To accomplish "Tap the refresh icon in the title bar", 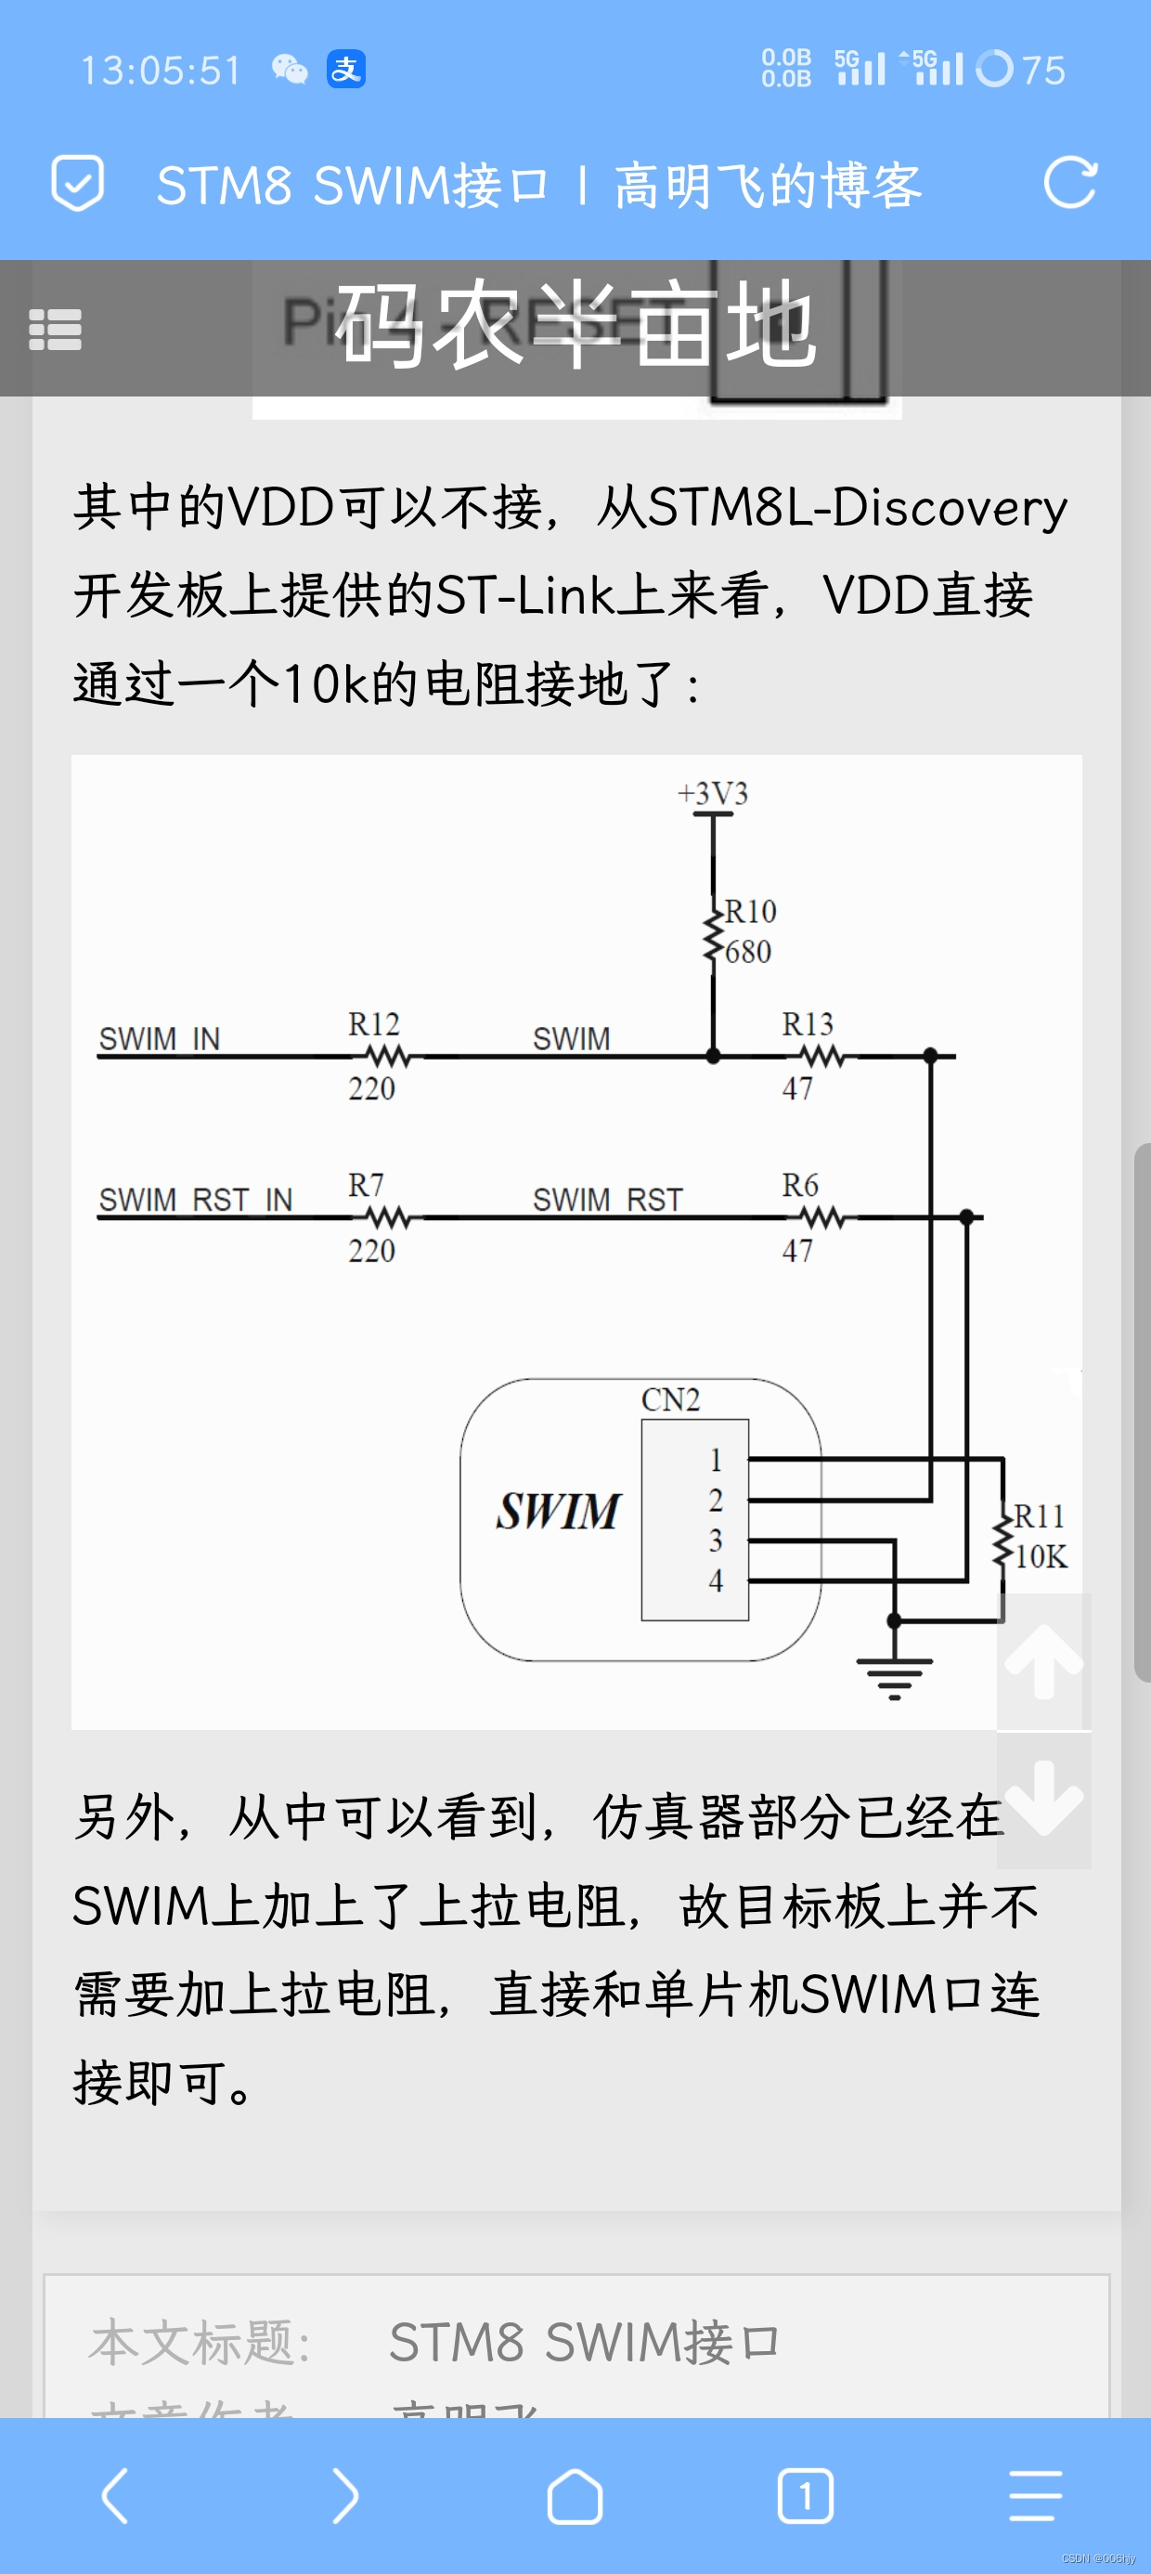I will tap(1069, 183).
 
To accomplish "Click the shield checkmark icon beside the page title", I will tap(77, 183).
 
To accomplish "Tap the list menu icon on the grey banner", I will tap(55, 330).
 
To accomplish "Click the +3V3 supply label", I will tap(712, 793).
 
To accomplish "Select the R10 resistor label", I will tap(750, 911).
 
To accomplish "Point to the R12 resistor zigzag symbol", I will tap(388, 1055).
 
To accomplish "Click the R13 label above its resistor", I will tap(808, 1024).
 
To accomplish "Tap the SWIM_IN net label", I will tap(159, 1039).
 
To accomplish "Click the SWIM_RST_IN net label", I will tap(196, 1199).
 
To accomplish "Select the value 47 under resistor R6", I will tap(797, 1250).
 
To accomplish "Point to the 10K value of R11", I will tap(1041, 1557).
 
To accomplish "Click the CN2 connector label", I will tap(670, 1400).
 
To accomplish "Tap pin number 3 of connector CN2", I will tap(716, 1540).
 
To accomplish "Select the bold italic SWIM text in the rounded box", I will tap(559, 1511).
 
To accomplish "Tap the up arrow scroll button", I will tap(1043, 1660).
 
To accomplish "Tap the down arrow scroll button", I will tap(1043, 1799).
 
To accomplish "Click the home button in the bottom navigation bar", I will tap(575, 2496).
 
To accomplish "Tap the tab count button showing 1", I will tap(806, 2496).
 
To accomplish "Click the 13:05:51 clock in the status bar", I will tap(161, 70).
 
